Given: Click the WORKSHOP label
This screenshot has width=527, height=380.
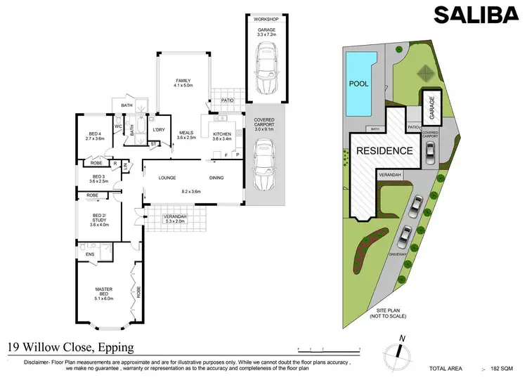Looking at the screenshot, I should tap(266, 19).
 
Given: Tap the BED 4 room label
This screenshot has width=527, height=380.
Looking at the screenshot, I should tap(96, 136).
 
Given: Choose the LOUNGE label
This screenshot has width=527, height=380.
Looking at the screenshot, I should tap(167, 178).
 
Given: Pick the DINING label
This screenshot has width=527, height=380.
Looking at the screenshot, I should tap(216, 178).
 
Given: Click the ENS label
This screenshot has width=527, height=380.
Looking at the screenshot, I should tap(90, 254).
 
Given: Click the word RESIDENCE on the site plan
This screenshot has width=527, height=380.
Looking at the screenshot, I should tap(384, 150).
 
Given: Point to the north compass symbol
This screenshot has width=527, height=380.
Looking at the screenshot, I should tap(399, 351).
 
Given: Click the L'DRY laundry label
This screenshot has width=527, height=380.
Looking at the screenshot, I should tap(159, 130).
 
